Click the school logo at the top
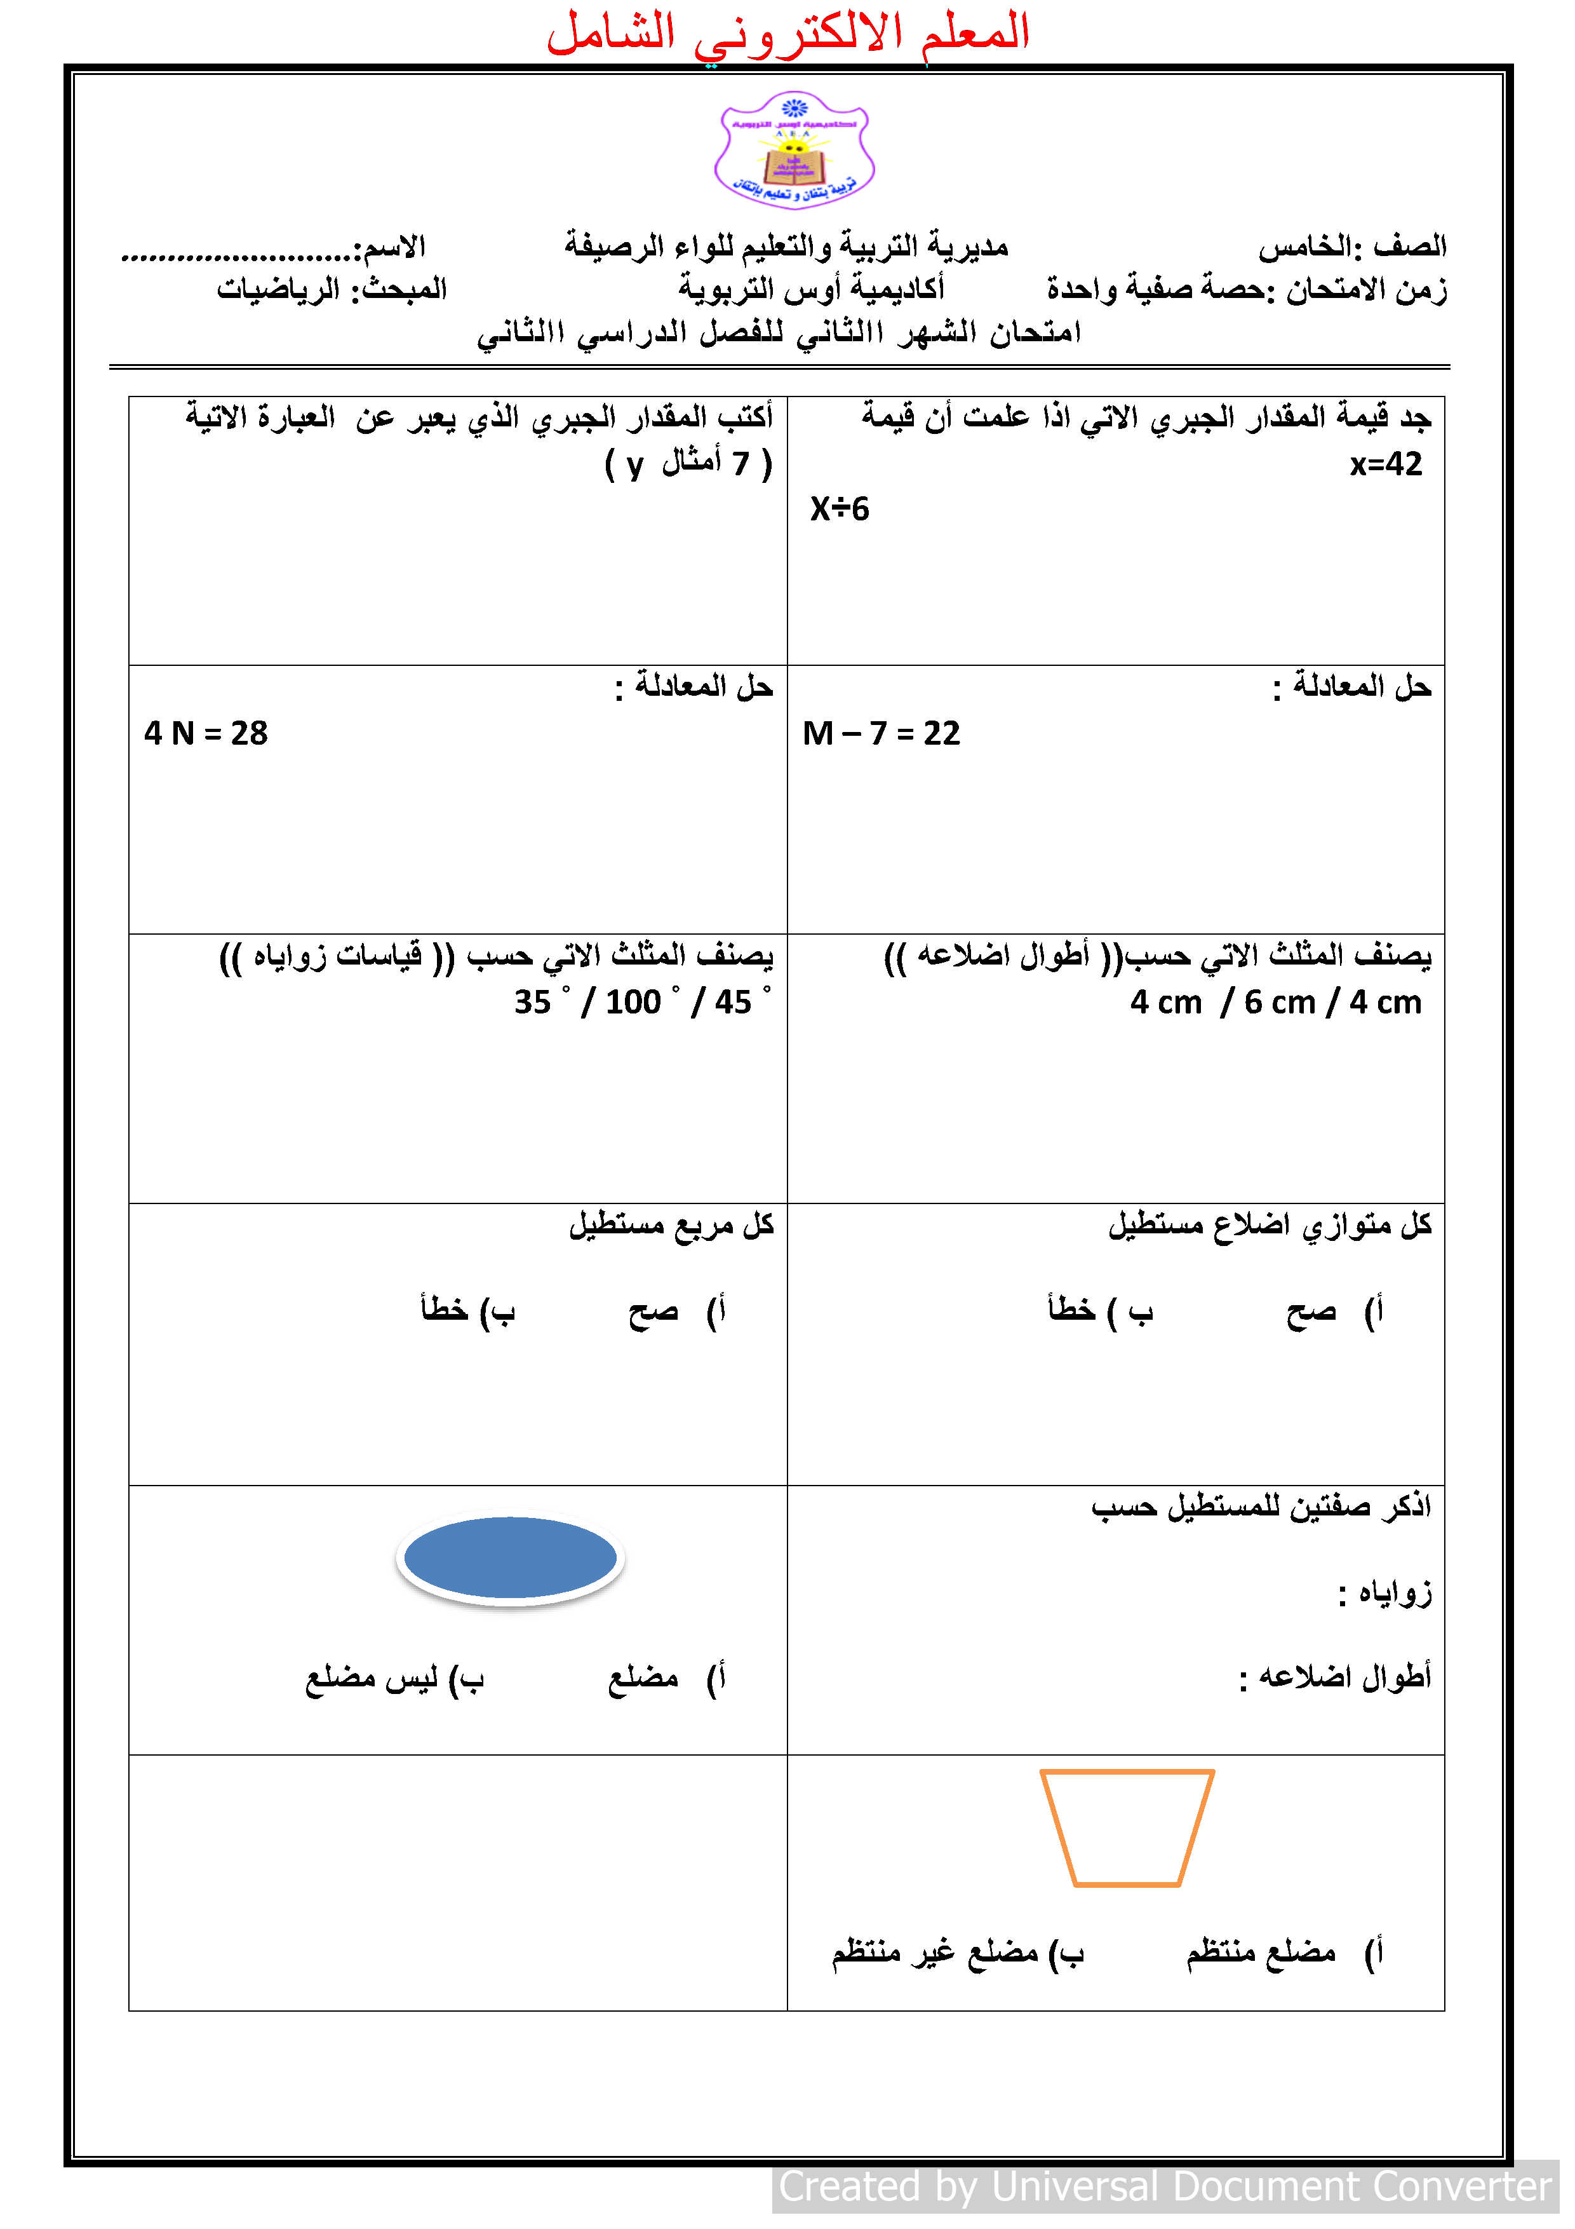pyautogui.click(x=794, y=151)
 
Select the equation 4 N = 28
pyautogui.click(x=206, y=733)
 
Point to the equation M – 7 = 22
pyautogui.click(x=881, y=733)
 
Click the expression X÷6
pyautogui.click(x=840, y=509)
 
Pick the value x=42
pyautogui.click(x=1386, y=464)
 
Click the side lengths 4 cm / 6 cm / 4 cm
pyautogui.click(x=1275, y=1002)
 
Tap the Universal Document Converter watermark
pyautogui.click(x=1165, y=2186)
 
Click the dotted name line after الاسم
pyautogui.click(x=237, y=256)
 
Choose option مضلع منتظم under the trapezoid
pyautogui.click(x=1261, y=1951)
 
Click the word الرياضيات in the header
pyautogui.click(x=279, y=289)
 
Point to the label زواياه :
pyautogui.click(x=1385, y=1593)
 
